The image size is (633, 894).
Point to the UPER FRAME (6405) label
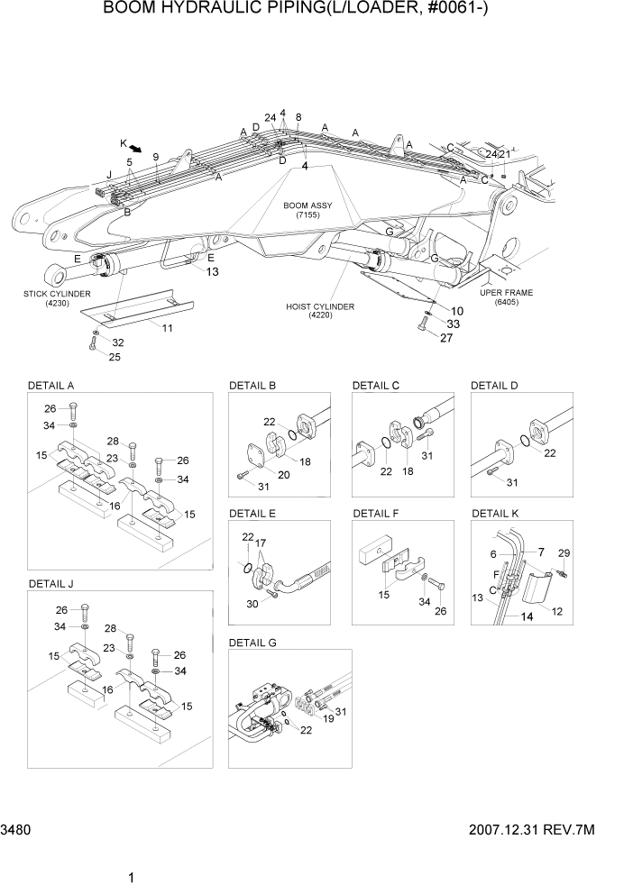[506, 297]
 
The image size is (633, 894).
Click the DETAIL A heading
[51, 386]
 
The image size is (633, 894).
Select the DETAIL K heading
[495, 514]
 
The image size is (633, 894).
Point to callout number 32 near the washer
[117, 342]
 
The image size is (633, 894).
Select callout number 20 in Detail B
[284, 475]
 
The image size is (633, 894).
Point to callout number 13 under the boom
[212, 271]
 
